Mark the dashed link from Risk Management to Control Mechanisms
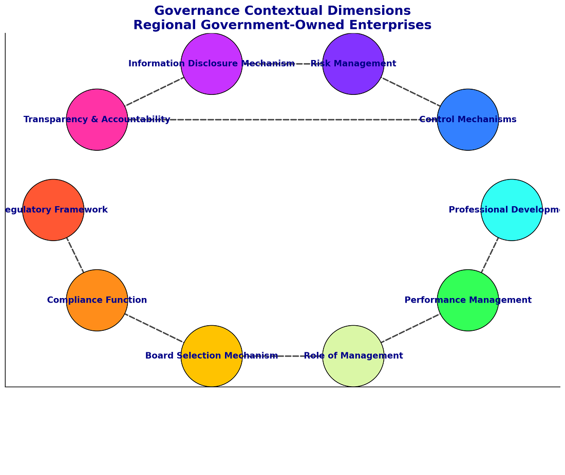tap(411, 92)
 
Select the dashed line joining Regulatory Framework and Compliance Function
tap(75, 255)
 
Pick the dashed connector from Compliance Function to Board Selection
tap(154, 328)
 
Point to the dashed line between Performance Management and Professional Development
tap(489, 255)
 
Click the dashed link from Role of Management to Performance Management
tap(410, 328)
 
